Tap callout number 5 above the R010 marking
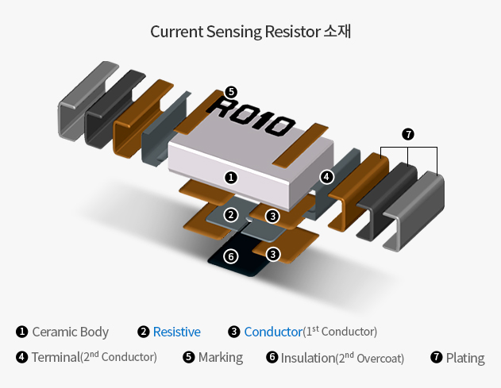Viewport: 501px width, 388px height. [230, 91]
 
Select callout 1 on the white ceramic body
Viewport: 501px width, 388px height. [230, 177]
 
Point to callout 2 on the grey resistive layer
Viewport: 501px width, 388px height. [230, 215]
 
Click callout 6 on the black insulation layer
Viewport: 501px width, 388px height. [230, 256]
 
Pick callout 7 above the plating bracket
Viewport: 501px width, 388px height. [408, 134]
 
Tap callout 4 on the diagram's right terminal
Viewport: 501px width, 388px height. [326, 176]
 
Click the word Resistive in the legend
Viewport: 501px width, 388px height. [176, 332]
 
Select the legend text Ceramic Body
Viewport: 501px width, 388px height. [70, 332]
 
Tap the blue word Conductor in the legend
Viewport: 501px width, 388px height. [273, 332]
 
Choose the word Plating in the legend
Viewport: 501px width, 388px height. [465, 358]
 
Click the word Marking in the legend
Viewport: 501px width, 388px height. [221, 358]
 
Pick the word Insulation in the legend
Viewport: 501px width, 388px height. [307, 358]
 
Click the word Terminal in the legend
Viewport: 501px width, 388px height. [56, 358]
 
